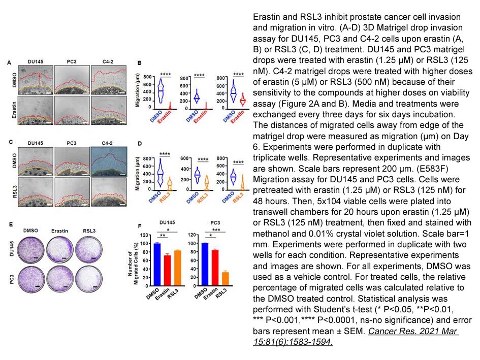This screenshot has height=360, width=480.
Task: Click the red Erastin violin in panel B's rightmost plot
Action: point(242,99)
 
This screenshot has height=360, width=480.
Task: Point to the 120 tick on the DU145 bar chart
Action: point(148,235)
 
